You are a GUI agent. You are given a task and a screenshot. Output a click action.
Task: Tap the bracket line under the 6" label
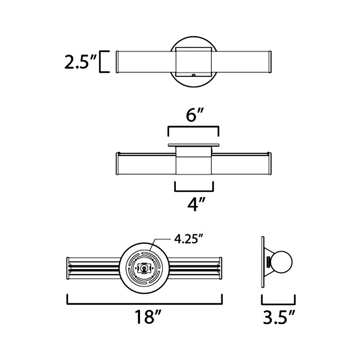(193, 127)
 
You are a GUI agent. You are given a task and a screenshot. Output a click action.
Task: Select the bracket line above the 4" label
(194, 191)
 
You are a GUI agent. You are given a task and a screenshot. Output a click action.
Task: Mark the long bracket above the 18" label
(145, 304)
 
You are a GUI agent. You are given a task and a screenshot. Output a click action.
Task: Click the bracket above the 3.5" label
(278, 304)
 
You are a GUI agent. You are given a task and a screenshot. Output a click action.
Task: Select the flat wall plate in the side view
(263, 262)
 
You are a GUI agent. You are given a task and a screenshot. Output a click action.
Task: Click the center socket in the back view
(143, 268)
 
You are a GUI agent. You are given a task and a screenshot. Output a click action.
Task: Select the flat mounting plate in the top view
(193, 145)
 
